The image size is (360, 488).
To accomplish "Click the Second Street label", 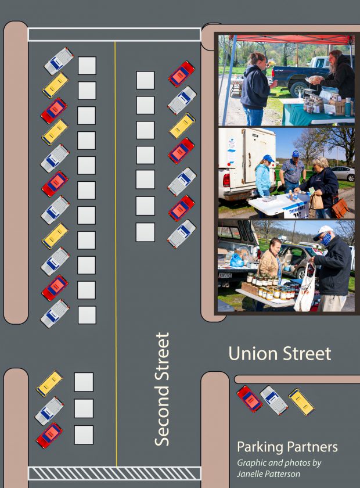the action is point(163,389).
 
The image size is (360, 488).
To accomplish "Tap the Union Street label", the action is point(279,353).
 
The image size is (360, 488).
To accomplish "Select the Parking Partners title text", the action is point(287,447).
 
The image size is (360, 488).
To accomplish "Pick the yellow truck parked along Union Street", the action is point(301,402).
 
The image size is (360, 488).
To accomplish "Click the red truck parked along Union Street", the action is point(249,399).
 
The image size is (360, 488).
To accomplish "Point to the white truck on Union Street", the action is point(273,400).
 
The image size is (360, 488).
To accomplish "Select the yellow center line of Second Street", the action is point(116,232).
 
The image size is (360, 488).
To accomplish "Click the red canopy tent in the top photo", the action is point(290,40).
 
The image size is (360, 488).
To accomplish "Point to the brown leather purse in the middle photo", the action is point(339,207).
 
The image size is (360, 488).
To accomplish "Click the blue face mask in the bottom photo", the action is point(326,239).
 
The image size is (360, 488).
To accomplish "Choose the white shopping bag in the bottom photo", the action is point(304,294).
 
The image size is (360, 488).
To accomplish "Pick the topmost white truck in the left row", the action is point(59,60).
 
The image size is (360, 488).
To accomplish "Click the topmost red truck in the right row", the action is point(181,74).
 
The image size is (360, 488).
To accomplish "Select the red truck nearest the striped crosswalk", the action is point(49,435).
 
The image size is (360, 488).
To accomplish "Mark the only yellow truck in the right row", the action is point(182,125).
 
